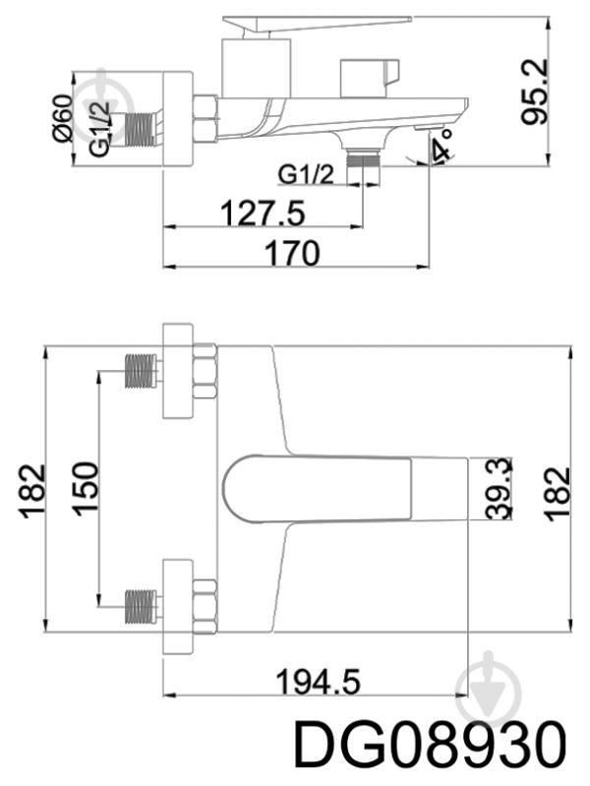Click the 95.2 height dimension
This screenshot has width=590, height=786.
[535, 91]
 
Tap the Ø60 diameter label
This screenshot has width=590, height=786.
[64, 117]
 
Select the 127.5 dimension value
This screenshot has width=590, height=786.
[263, 212]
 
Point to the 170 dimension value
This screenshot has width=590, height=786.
[292, 253]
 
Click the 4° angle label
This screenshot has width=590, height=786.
[443, 145]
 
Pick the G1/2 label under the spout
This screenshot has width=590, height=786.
[306, 175]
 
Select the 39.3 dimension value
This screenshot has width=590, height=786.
[499, 488]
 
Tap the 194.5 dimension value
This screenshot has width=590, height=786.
[318, 682]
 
